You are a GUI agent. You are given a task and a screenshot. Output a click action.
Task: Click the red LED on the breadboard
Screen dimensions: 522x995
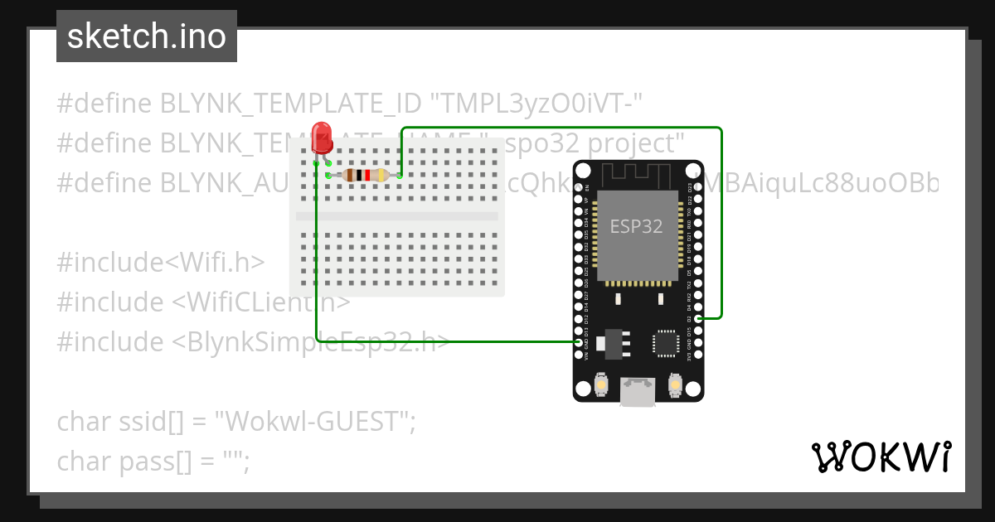(x=322, y=138)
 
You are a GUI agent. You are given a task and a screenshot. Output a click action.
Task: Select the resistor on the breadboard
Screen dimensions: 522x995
(x=365, y=175)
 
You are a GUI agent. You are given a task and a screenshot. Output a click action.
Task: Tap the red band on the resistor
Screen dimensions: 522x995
(x=366, y=175)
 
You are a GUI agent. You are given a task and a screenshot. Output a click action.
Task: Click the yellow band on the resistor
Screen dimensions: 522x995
(x=381, y=175)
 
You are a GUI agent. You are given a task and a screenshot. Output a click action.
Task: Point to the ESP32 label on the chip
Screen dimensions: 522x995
(x=636, y=225)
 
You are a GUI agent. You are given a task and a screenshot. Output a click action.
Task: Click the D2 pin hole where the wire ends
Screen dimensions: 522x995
(x=698, y=317)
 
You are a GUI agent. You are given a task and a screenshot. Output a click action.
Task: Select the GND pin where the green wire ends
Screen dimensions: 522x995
(x=579, y=341)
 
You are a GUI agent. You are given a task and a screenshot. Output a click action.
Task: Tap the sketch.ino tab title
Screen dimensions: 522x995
(x=147, y=36)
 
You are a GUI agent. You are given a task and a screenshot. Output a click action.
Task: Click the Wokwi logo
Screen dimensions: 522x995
(x=881, y=457)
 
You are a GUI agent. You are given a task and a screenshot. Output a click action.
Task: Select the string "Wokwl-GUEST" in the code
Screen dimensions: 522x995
(x=314, y=422)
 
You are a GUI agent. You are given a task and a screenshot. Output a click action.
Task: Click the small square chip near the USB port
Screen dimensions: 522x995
(x=665, y=343)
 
